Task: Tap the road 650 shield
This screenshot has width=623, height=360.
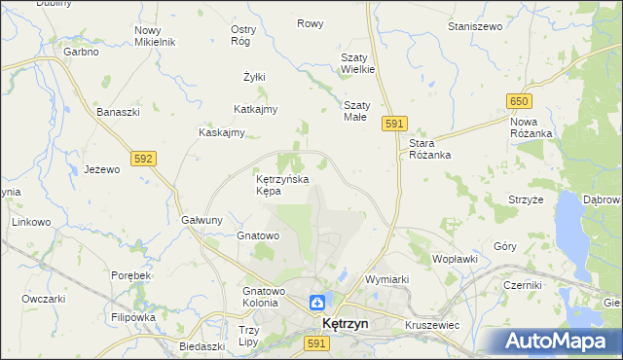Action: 518,101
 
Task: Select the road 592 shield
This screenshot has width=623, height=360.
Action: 143,157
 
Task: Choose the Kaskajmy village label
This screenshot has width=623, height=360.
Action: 221,132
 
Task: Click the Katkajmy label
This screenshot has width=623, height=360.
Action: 256,109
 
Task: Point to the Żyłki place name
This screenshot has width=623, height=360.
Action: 254,77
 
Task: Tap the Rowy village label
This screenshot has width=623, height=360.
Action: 310,23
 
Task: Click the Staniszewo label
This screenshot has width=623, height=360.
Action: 473,26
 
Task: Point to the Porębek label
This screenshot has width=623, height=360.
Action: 130,275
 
